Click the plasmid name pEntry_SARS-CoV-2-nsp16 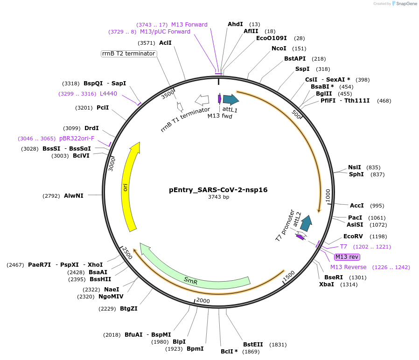coord(218,190)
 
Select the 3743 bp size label coord(218,197)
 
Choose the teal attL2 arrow coord(306,223)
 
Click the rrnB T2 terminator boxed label coord(129,54)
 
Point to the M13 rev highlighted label coord(347,257)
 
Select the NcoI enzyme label coord(279,48)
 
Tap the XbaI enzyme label coord(327,284)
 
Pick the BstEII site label coord(253,345)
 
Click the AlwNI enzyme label coord(74,196)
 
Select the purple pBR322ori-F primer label coord(77,138)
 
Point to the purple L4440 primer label coord(108,94)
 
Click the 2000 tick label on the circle coord(203,300)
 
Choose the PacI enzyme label coord(355,218)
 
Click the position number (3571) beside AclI coord(147,43)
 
